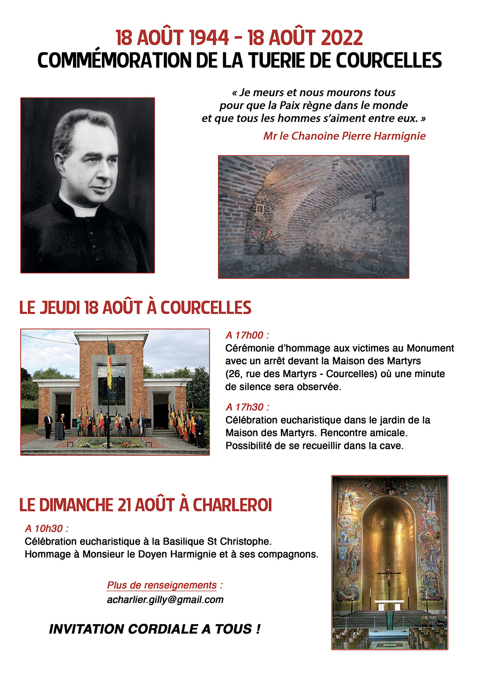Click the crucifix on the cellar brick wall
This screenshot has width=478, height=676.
[x=374, y=200]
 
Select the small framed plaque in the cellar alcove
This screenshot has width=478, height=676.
[x=260, y=209]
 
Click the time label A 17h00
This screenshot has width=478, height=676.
[x=247, y=335]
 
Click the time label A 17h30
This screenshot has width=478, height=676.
[x=247, y=407]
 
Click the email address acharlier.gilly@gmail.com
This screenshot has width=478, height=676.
[x=165, y=599]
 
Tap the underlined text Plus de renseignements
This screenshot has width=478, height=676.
[x=162, y=585]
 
